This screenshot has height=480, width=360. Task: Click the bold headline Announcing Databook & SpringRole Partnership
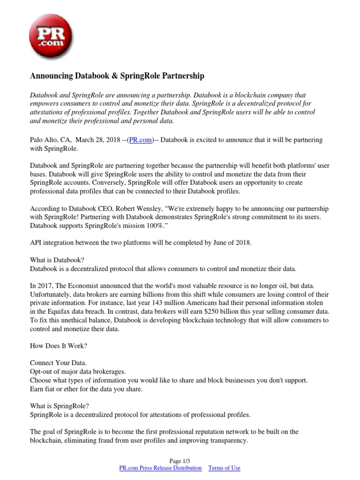click(117, 75)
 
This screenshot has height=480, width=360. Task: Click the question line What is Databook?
click(57, 260)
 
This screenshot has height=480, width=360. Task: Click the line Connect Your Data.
click(59, 363)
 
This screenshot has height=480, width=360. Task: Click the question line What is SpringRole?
click(59, 406)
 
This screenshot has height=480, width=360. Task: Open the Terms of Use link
click(224, 468)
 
